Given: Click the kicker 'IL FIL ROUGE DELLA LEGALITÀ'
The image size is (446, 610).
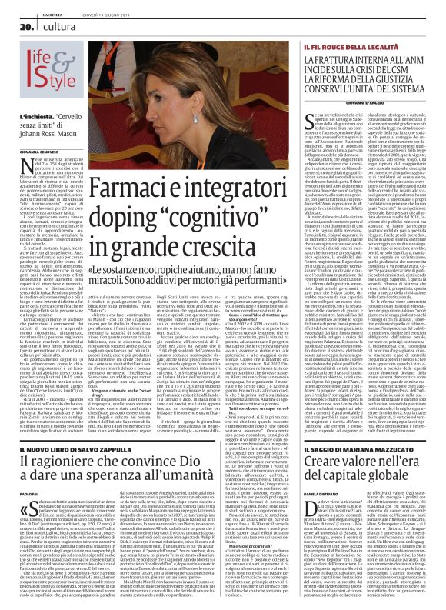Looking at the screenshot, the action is tap(341, 48).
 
